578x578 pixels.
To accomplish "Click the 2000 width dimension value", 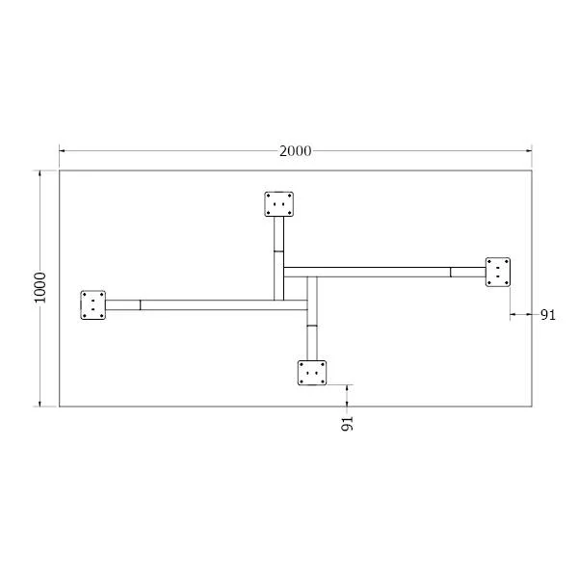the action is (295, 151).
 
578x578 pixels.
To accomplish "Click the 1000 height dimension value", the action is (39, 287).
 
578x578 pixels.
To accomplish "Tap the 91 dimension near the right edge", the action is (548, 315).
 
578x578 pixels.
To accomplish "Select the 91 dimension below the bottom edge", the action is (347, 424).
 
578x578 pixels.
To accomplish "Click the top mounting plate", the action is (279, 204).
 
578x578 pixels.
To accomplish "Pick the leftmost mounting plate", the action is (92, 304).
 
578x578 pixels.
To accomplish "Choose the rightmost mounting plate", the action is (498, 272).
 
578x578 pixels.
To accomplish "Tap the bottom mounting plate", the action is (312, 373).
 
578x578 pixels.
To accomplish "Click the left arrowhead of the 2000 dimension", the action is (63, 151).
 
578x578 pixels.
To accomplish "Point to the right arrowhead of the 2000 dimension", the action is (529, 151).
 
